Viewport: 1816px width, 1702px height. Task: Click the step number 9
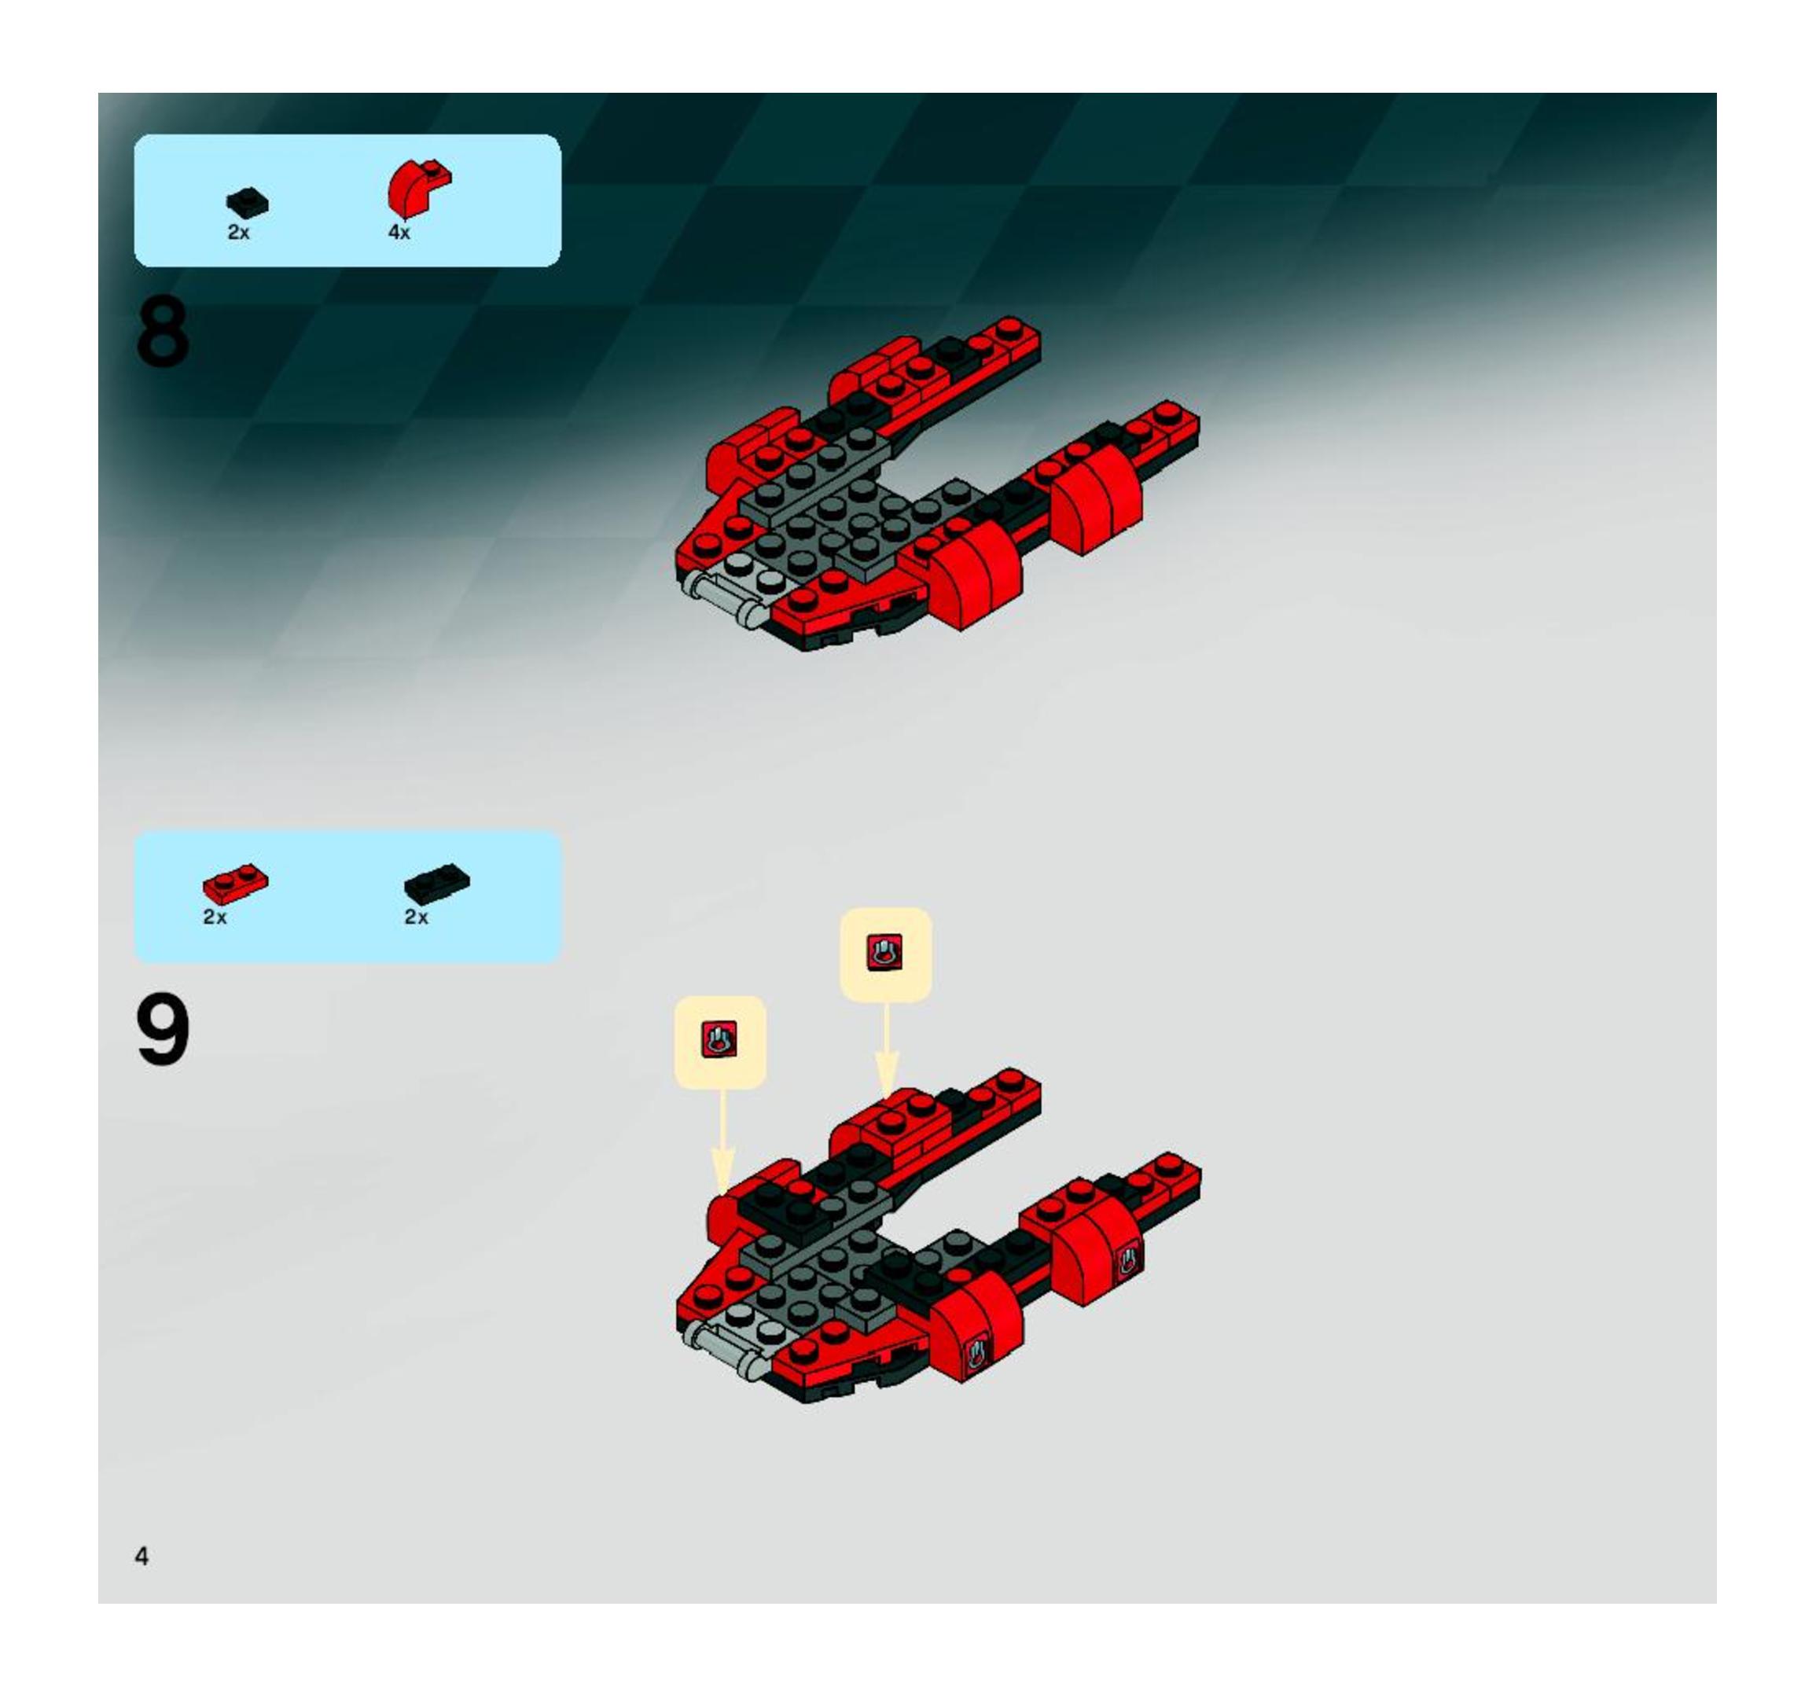pos(164,1030)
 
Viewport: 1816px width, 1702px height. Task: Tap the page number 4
pos(142,1556)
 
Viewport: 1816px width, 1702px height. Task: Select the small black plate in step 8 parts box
pos(248,202)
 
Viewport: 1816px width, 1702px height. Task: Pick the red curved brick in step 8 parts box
pos(418,186)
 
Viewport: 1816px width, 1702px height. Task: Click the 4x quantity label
pos(399,233)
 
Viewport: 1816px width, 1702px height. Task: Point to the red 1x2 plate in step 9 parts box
pos(236,883)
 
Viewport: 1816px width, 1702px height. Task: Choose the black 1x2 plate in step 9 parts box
pos(438,883)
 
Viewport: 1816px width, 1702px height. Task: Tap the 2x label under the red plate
pos(215,917)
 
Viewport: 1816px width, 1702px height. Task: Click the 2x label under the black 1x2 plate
pos(416,917)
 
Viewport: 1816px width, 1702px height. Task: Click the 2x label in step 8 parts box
pos(238,233)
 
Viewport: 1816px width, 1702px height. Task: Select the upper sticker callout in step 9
pos(885,954)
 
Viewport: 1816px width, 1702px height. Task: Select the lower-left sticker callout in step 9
pos(720,1042)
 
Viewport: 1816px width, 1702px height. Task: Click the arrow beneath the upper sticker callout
pos(886,1050)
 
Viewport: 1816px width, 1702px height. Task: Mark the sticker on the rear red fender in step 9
pos(1129,1262)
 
